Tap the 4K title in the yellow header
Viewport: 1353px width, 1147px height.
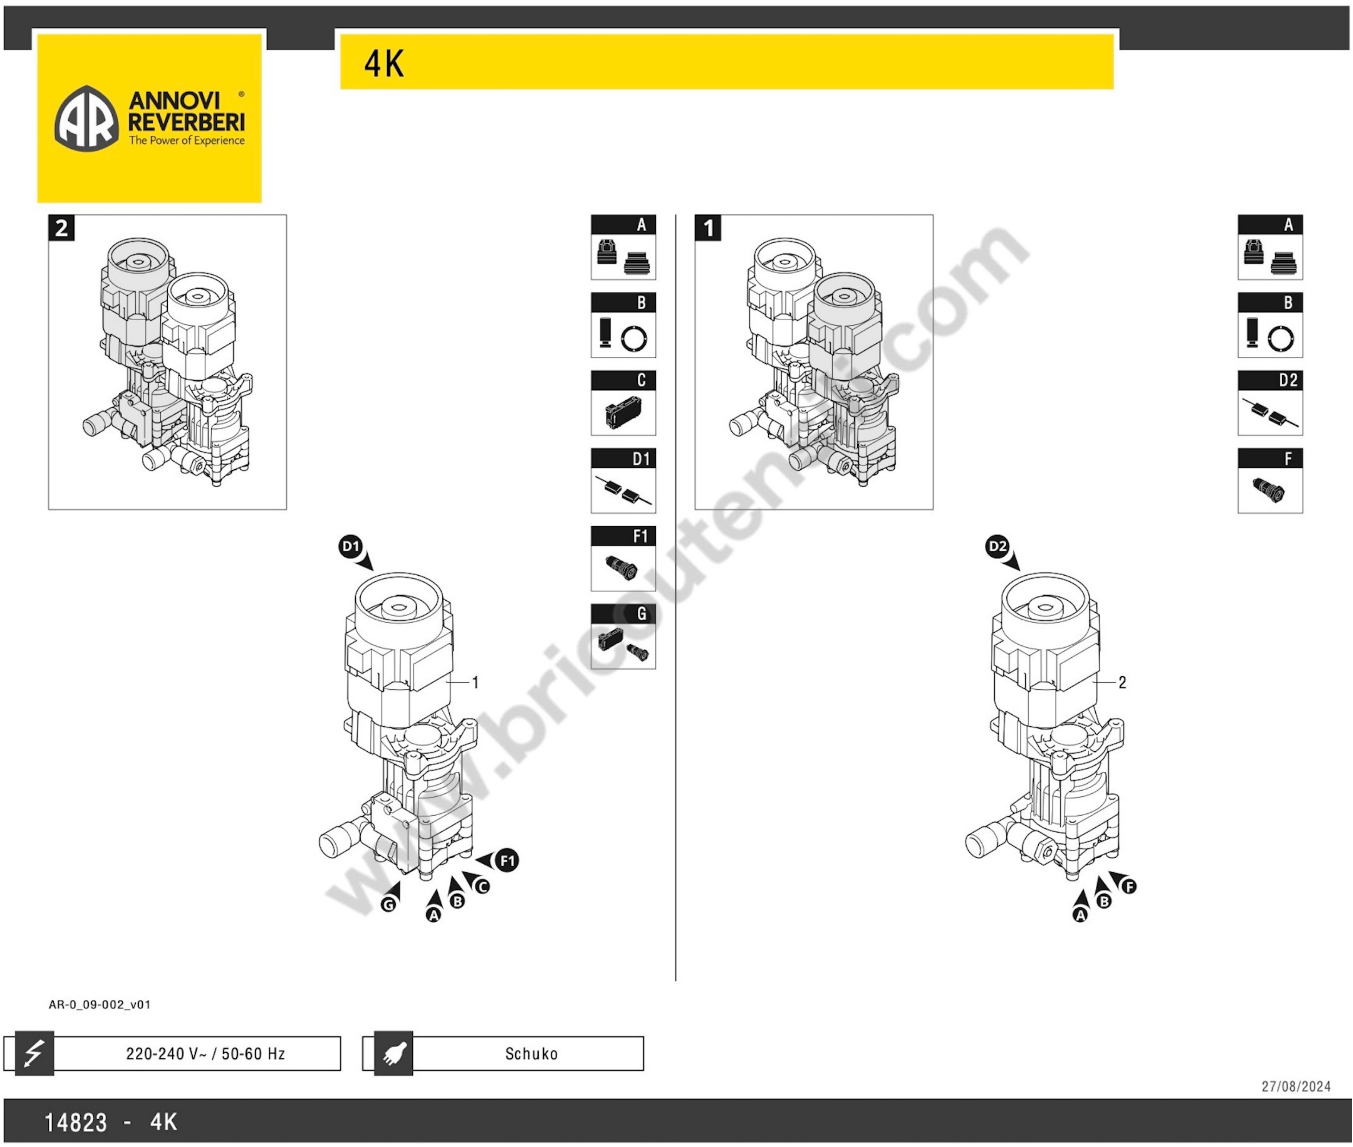pos(384,64)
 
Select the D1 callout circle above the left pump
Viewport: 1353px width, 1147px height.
pos(351,546)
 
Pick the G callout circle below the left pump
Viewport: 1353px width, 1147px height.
pos(388,905)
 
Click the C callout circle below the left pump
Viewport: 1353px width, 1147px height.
pos(482,886)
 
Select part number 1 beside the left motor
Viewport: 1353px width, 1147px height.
pos(475,682)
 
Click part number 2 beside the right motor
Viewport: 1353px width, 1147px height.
pos(1122,682)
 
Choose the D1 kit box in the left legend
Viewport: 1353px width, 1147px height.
pos(623,481)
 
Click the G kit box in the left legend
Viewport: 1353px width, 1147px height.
pos(623,636)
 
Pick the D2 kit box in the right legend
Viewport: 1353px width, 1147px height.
pos(1270,403)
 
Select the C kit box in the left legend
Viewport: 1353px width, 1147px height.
pos(623,403)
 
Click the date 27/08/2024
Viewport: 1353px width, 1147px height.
pos(1296,1086)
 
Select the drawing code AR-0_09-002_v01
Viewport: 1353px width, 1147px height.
pos(99,1004)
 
